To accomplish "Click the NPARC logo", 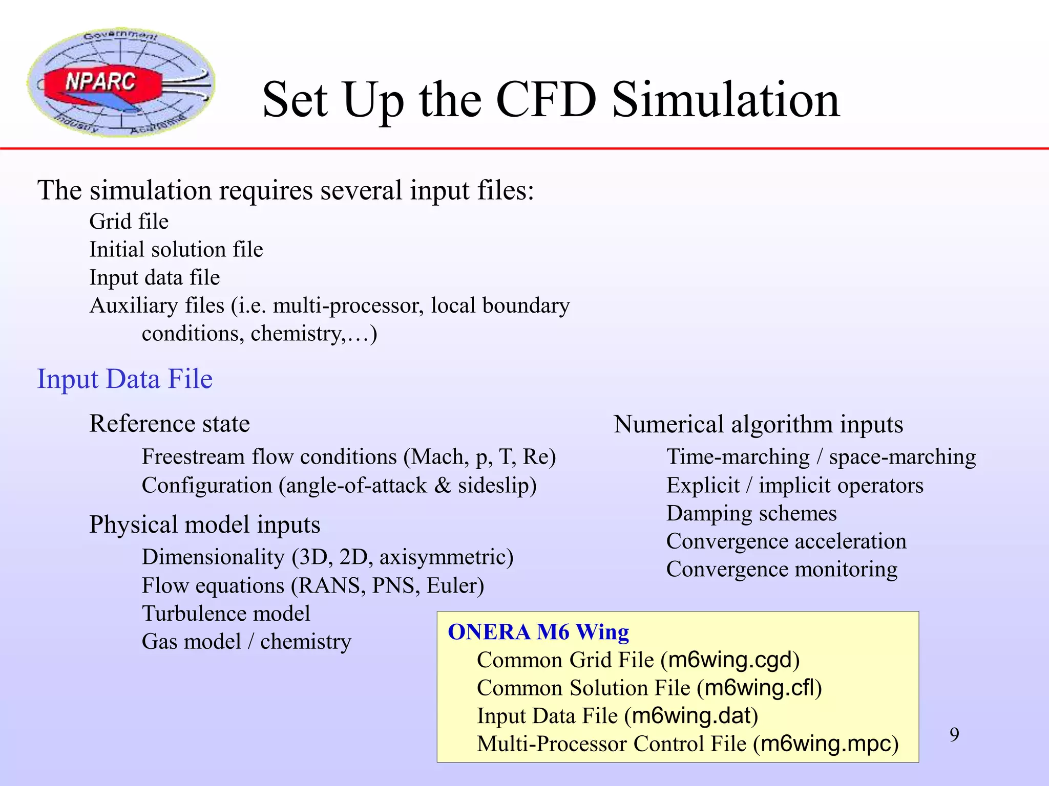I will tap(121, 82).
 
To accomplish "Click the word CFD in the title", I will tap(546, 100).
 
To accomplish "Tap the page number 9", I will tap(954, 734).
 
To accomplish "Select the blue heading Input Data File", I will tap(124, 379).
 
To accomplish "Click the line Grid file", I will tap(129, 222).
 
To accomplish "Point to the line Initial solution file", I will tap(176, 250).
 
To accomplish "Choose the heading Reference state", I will tap(170, 424).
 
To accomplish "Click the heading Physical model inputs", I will tap(205, 525).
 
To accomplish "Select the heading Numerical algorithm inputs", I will tap(758, 424).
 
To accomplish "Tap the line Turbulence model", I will tap(226, 614).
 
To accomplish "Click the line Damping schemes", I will tap(751, 513).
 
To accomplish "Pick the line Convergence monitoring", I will tap(782, 569).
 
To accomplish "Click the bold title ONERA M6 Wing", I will tap(538, 632).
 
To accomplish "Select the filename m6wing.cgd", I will tap(730, 660).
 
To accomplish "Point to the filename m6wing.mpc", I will tap(826, 744).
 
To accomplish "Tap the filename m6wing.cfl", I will tap(760, 688).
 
